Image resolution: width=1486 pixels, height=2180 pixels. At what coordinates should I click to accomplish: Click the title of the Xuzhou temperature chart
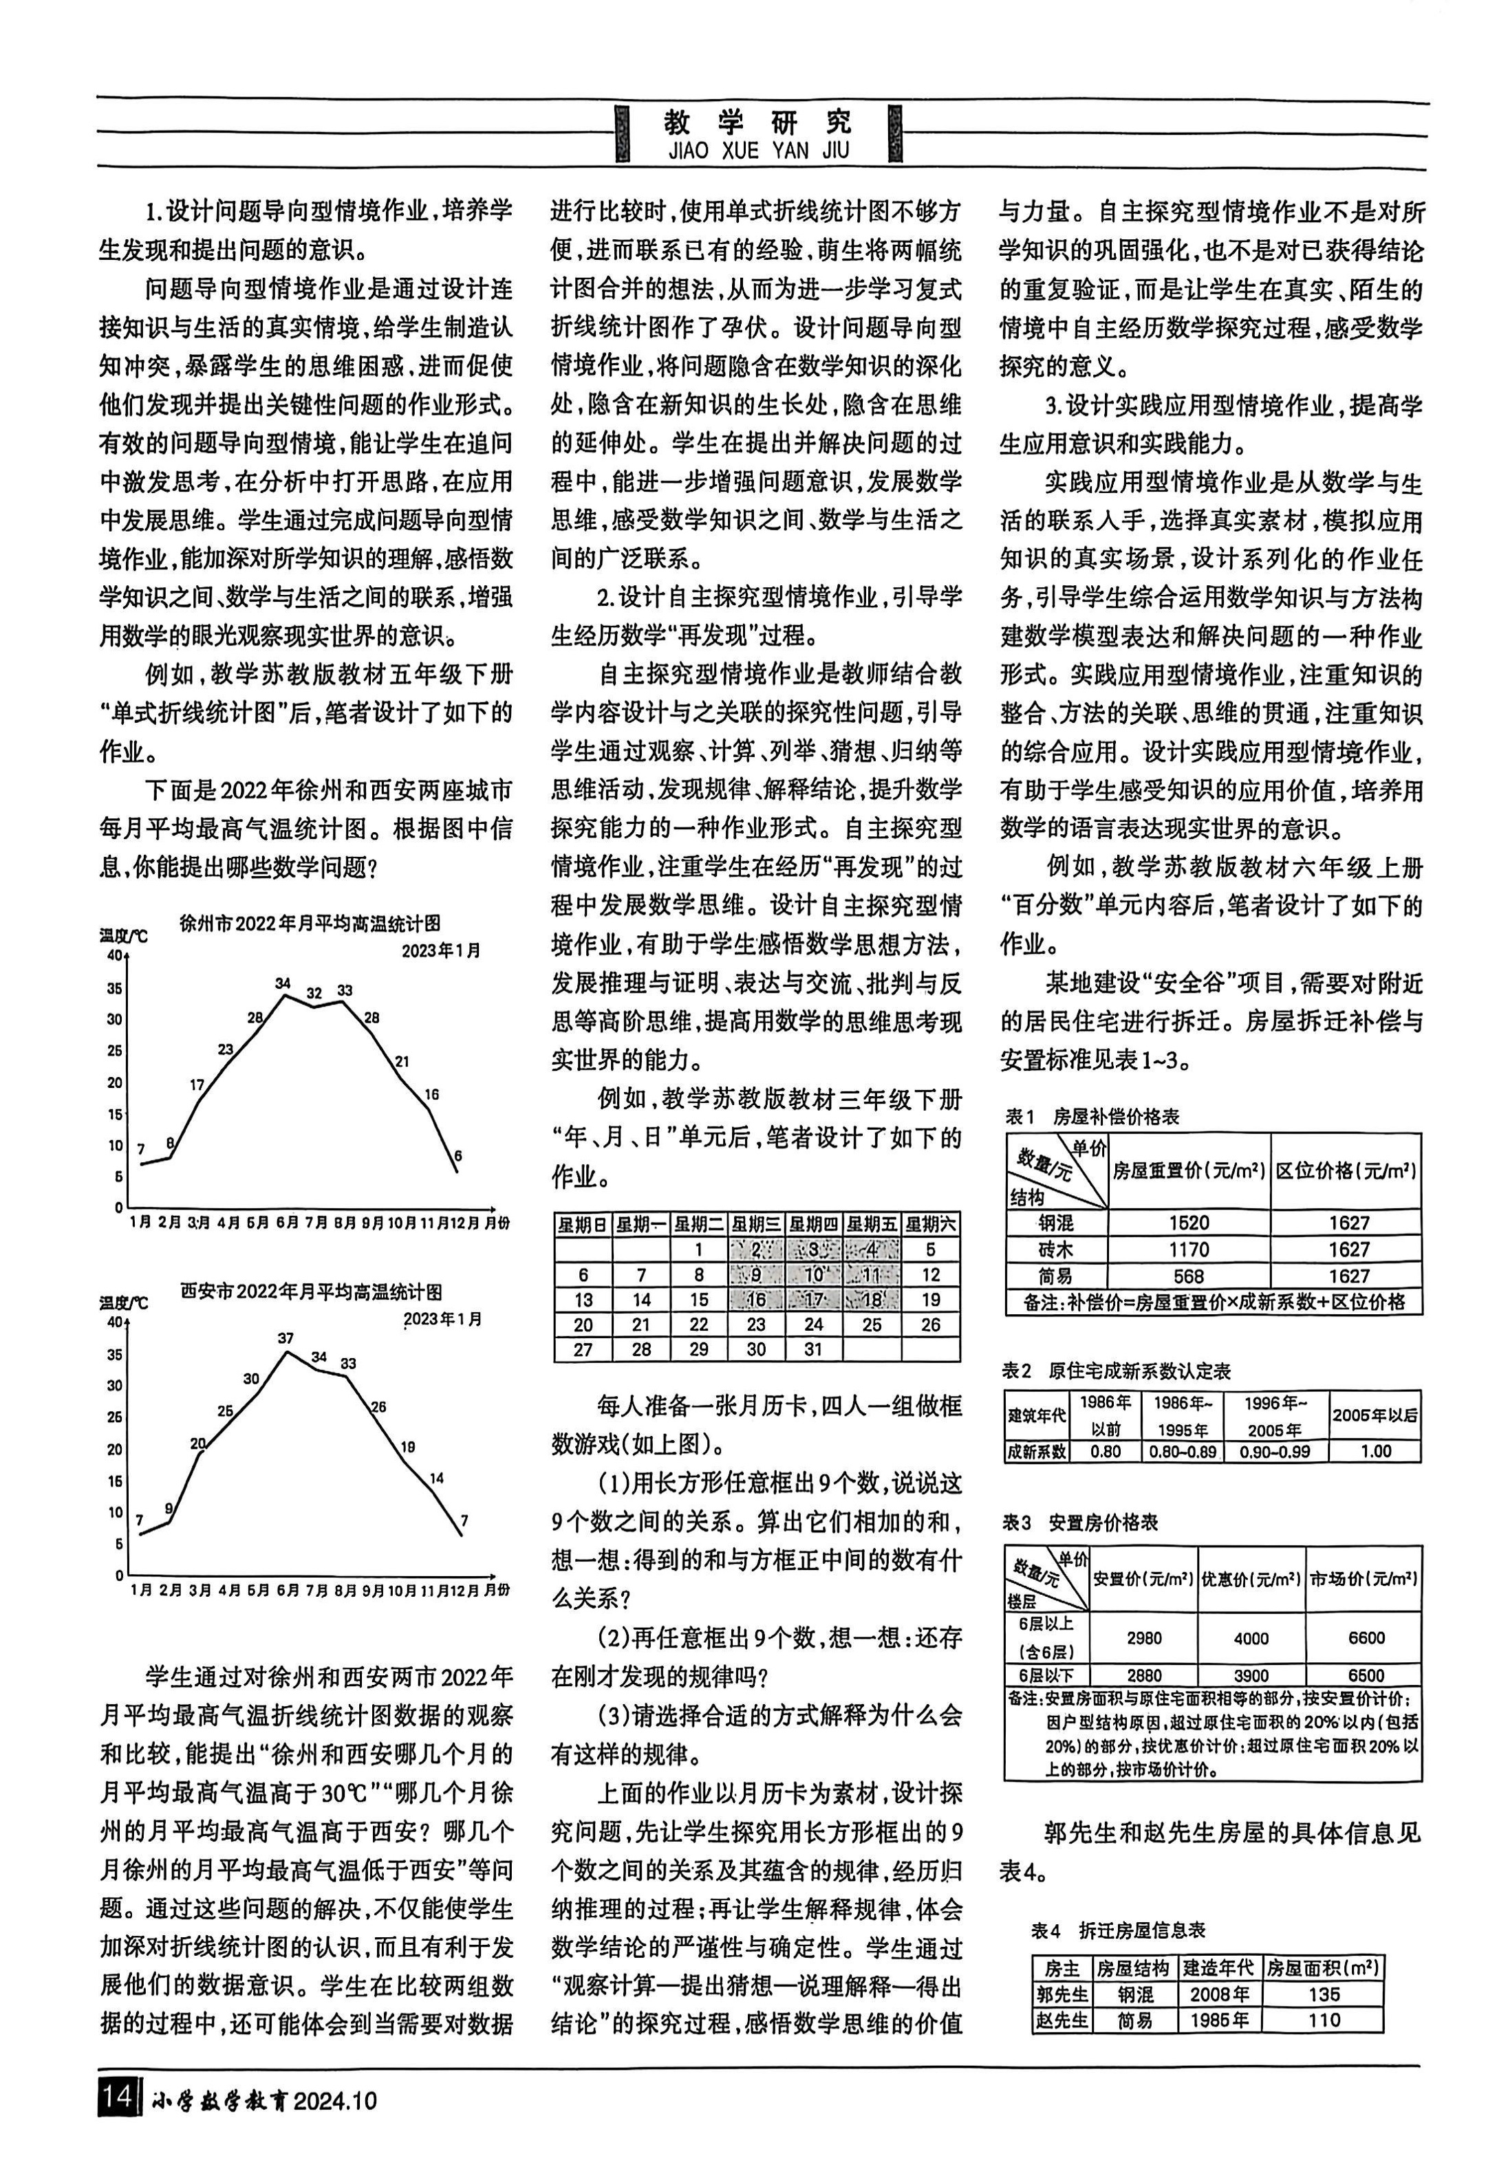309,922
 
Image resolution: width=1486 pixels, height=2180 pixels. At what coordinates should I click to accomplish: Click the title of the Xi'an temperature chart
310,1291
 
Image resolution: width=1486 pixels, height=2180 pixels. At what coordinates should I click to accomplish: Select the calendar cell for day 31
813,1349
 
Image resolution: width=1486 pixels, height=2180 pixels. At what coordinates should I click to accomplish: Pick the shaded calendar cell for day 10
813,1274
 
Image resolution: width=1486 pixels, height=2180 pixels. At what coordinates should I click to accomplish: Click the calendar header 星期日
583,1224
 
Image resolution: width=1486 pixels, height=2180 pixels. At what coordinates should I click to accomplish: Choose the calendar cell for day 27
583,1349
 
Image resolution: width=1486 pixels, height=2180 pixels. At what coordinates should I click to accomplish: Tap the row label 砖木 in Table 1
1055,1250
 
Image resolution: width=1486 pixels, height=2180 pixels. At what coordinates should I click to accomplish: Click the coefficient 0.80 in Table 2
1106,1451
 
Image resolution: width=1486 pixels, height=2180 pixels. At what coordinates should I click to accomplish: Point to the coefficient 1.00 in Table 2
1375,1451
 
